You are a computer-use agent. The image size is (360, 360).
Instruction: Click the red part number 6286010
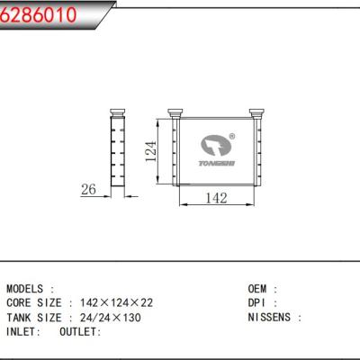click(38, 14)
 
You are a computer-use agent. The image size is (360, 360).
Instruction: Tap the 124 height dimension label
click(151, 151)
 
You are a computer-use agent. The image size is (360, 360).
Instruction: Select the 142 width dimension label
click(216, 198)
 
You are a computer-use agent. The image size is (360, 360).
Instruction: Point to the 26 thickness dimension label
click(88, 189)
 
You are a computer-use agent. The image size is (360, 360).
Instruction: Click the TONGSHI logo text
click(217, 163)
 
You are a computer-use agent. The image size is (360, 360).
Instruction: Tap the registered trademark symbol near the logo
click(232, 137)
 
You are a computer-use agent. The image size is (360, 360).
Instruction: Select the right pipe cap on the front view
click(256, 113)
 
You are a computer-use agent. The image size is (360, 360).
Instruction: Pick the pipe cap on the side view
click(117, 112)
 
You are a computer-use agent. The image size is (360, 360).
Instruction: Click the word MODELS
click(24, 289)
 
